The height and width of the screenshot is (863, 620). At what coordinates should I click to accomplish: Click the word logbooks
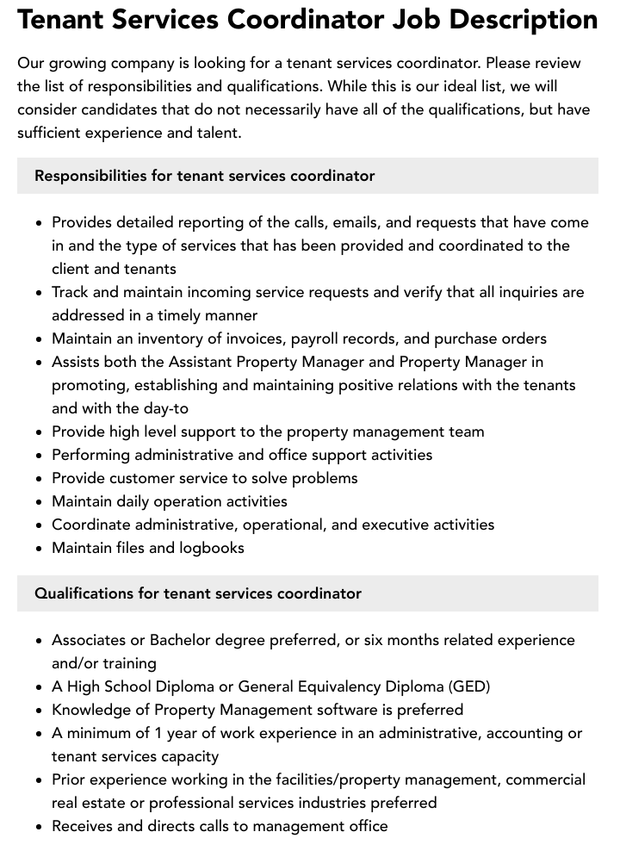[211, 548]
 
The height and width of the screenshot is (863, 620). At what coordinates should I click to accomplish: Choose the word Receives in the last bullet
[84, 826]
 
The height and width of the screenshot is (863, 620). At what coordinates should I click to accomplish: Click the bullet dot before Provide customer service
[40, 479]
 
